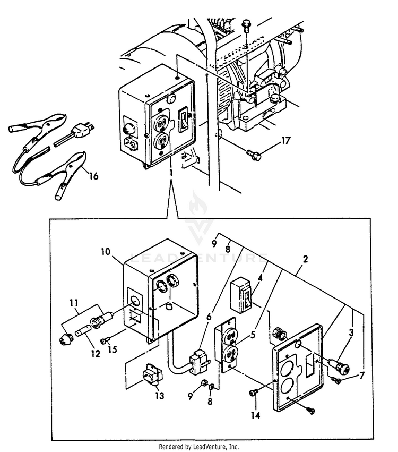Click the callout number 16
93,176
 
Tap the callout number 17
285,141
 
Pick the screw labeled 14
254,392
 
